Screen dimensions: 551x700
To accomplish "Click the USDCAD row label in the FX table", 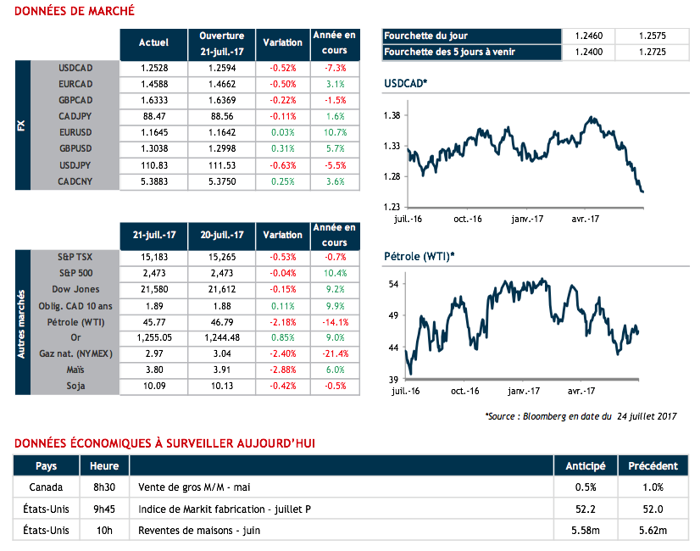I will (x=75, y=68).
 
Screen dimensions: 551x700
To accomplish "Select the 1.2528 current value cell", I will (x=153, y=68).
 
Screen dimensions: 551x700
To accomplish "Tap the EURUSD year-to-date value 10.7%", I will (x=335, y=133).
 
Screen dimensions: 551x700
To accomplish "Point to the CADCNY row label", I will (x=75, y=181).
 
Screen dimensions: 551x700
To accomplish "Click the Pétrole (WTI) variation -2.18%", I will (x=282, y=322).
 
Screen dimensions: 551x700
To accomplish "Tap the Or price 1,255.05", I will (x=153, y=338).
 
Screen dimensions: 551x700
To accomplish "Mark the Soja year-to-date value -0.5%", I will (x=335, y=386).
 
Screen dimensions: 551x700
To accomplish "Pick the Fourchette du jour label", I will (x=425, y=36).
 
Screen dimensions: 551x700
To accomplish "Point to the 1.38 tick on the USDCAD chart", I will (x=392, y=115).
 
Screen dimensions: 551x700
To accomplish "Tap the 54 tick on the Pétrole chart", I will (x=394, y=284).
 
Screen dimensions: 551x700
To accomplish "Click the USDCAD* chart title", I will (x=406, y=83).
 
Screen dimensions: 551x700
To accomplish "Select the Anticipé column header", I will (x=585, y=466).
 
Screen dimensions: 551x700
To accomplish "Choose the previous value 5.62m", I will (x=652, y=531).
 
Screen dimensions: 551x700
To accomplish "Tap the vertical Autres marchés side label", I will (x=22, y=322).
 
